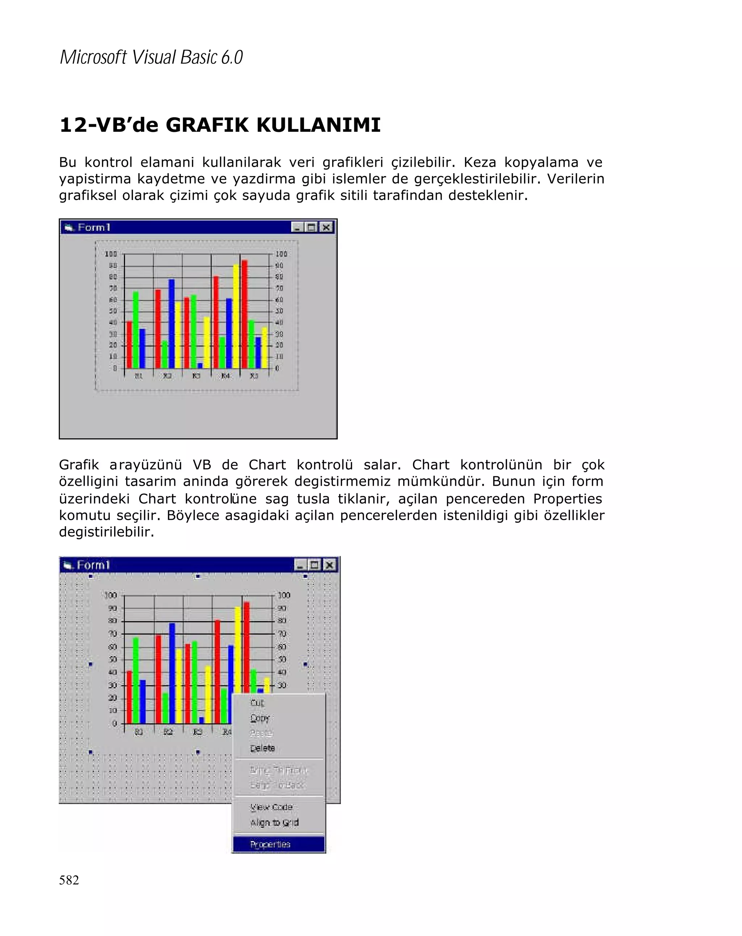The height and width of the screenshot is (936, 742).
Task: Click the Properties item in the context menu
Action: (270, 844)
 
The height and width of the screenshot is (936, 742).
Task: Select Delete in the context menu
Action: (262, 748)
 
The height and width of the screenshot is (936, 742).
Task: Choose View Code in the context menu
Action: (271, 807)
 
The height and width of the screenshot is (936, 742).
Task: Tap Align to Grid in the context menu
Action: (274, 822)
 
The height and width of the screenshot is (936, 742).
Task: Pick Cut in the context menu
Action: (257, 702)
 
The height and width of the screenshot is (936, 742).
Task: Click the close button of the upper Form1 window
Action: (326, 227)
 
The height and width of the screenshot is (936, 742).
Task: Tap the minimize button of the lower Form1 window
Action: (300, 565)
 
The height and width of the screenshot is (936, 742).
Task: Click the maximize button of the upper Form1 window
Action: (311, 227)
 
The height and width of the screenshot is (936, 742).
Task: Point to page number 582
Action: (69, 879)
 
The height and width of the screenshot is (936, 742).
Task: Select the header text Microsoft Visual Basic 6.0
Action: (151, 57)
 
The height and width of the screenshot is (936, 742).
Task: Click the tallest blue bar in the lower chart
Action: (172, 673)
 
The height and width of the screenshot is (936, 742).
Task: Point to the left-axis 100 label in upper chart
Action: (111, 254)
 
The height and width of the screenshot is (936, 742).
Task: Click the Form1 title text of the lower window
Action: (93, 565)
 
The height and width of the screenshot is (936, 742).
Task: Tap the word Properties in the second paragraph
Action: (567, 498)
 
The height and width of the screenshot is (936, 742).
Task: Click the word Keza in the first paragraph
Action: (479, 162)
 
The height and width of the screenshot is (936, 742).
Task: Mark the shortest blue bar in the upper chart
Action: (200, 365)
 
